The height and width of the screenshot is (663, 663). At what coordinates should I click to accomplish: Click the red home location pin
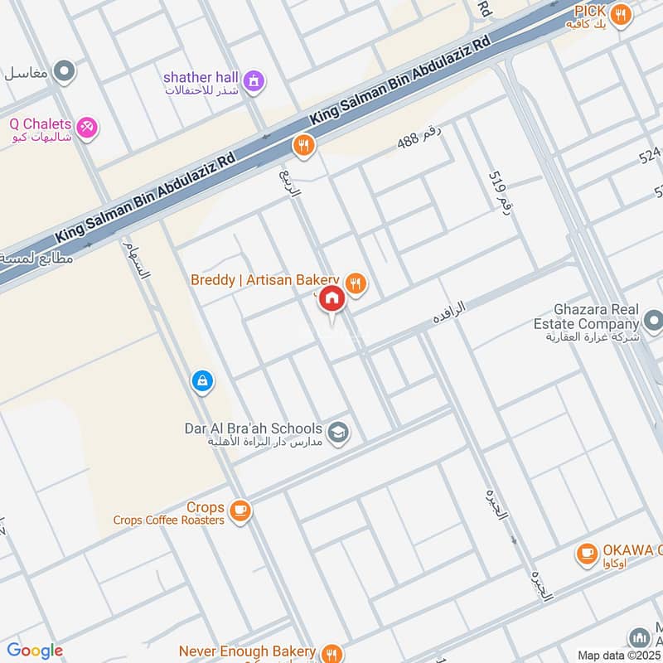331,299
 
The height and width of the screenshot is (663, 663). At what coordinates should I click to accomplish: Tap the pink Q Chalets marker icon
86,128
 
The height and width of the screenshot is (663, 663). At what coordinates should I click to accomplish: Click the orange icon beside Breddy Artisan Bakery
356,284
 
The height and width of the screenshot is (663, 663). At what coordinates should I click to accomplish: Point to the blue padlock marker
201,381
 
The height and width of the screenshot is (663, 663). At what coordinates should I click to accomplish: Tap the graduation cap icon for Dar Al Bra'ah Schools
337,432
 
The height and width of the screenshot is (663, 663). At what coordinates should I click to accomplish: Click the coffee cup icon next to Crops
240,511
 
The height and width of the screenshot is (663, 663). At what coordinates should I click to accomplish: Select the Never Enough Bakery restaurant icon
331,653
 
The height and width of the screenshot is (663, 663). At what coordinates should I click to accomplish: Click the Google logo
35,651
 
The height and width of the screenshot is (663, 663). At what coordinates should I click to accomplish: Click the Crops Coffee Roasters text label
170,520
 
